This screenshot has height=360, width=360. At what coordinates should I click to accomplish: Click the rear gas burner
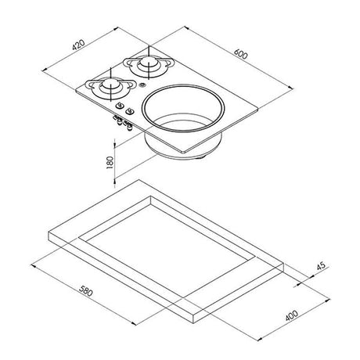(x=146, y=66)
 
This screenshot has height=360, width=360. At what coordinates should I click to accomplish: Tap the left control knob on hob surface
(x=119, y=106)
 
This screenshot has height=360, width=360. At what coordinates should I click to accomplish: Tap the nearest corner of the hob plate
(x=181, y=151)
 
